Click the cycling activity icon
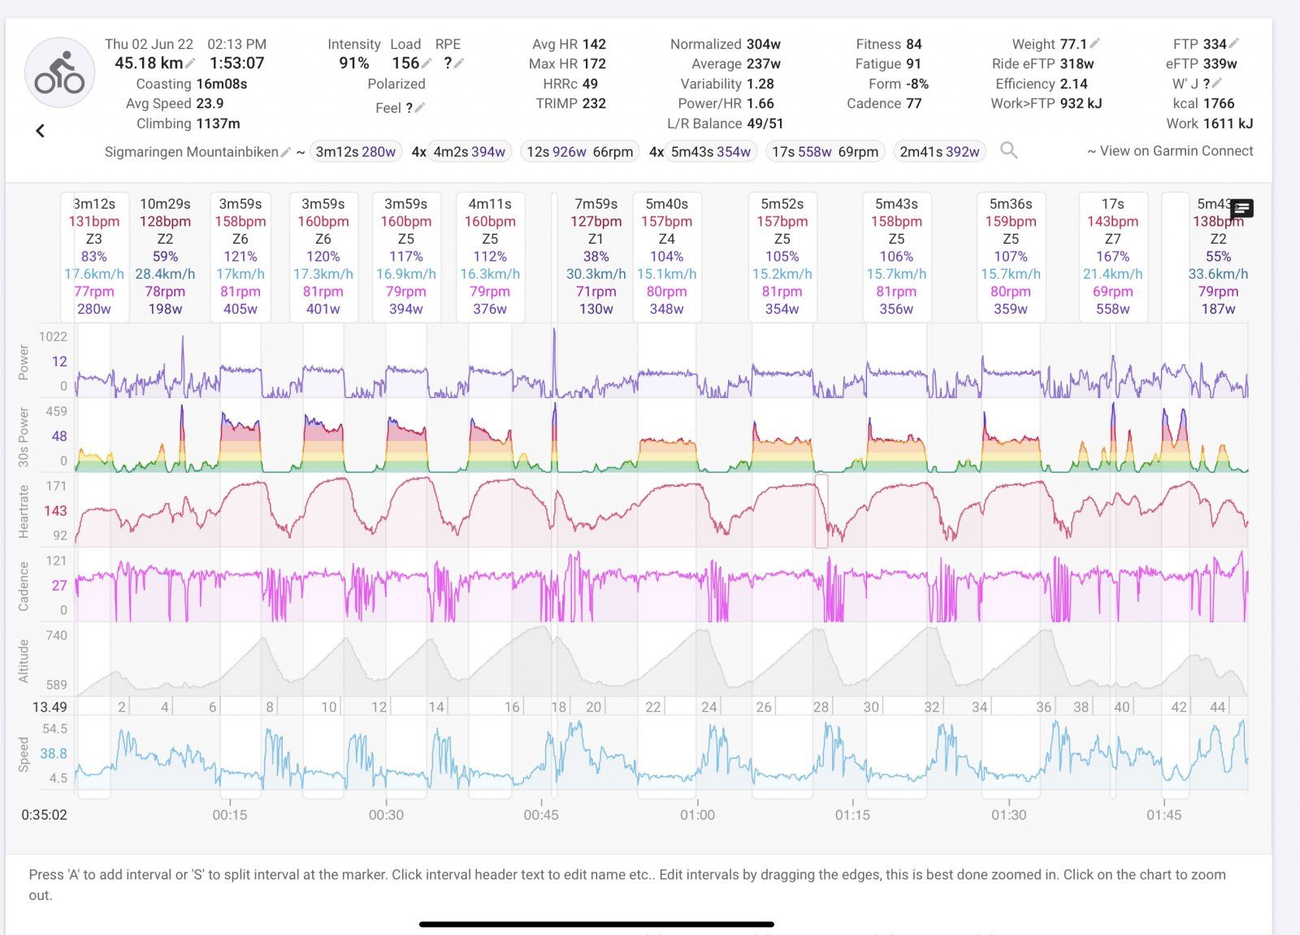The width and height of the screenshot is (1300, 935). [59, 73]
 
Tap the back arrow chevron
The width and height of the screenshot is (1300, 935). [40, 131]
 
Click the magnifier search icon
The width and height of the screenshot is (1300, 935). [1008, 150]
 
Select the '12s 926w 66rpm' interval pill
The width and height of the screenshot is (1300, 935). [579, 152]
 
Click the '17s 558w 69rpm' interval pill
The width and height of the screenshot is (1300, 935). [825, 152]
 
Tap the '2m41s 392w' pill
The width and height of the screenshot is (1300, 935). [939, 152]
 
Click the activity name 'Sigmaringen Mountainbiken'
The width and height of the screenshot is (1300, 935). [191, 152]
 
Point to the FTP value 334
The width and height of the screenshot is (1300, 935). [1215, 44]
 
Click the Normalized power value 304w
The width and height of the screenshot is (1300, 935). [763, 44]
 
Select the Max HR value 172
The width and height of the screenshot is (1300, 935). [593, 63]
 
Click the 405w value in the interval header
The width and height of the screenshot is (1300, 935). [240, 309]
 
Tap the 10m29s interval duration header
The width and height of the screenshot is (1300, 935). [165, 204]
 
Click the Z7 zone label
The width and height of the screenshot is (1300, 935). [1112, 239]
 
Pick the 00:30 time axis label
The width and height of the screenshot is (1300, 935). [386, 815]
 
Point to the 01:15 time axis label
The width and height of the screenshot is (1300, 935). [852, 815]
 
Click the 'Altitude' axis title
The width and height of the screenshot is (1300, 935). [24, 660]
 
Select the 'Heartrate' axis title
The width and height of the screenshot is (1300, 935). [24, 511]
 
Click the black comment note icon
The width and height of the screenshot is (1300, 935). [1241, 209]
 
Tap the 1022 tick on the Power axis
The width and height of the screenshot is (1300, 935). [53, 336]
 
